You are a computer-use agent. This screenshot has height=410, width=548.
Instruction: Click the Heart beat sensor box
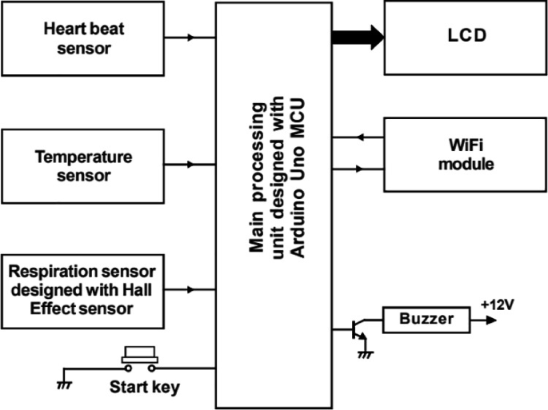click(83, 38)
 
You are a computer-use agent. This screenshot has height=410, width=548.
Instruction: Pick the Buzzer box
click(426, 320)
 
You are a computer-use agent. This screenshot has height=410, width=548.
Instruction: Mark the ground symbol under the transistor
click(366, 353)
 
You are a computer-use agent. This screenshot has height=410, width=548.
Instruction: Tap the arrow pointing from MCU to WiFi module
click(357, 169)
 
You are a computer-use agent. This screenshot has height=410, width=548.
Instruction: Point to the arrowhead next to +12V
click(490, 320)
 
